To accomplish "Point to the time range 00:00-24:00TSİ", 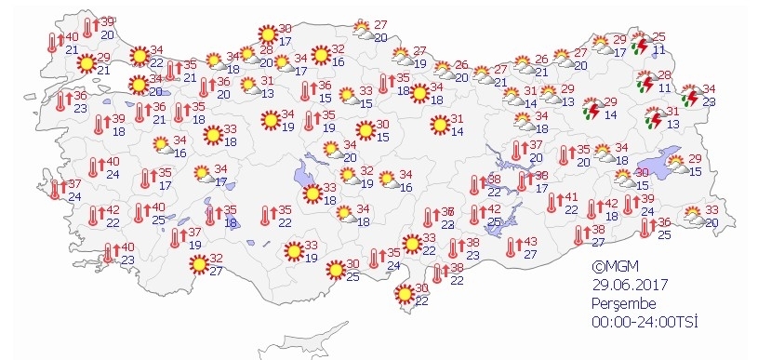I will click(x=645, y=322).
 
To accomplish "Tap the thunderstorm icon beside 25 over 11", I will click(x=640, y=43).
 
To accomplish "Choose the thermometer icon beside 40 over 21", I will click(x=52, y=43).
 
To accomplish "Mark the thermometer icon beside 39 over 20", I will click(x=88, y=27).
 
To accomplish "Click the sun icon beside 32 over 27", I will click(x=198, y=264).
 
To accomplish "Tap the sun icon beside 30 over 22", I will click(x=405, y=295).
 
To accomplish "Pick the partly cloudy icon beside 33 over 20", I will click(x=694, y=217).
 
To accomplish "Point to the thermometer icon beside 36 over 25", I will click(x=648, y=228).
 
